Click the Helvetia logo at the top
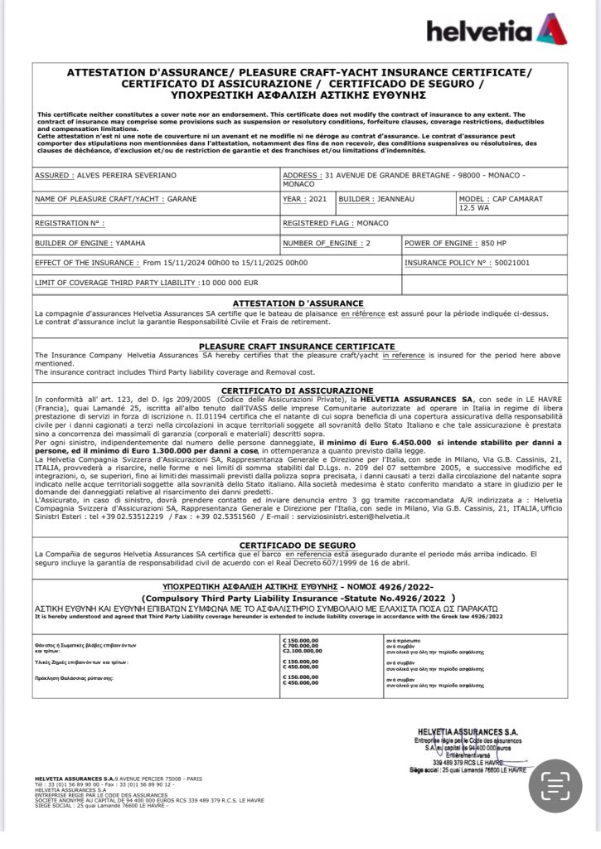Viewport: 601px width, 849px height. [497, 31]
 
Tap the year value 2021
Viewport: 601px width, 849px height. [317, 200]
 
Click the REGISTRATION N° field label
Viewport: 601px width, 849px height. [69, 223]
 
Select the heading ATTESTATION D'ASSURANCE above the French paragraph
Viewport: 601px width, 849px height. [298, 303]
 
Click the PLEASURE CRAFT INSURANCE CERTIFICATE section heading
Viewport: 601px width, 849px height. [298, 345]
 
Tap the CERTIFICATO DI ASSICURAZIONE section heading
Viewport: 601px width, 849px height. [298, 390]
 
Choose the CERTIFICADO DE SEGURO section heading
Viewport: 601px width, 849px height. [298, 545]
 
